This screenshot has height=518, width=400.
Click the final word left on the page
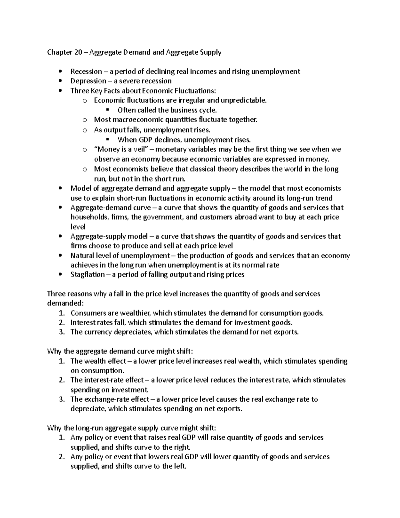(179, 466)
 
